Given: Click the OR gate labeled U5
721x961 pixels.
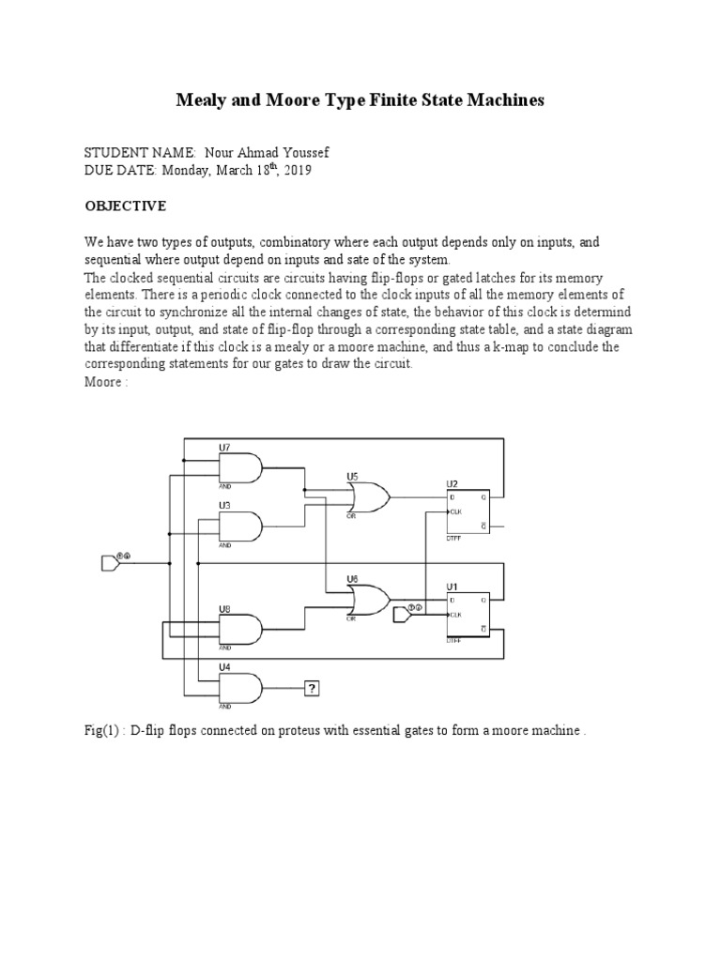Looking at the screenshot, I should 368,496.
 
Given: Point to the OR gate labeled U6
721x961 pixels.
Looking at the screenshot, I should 368,601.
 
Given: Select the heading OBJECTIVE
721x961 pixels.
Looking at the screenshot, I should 126,206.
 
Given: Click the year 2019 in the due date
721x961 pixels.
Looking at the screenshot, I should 294,171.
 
